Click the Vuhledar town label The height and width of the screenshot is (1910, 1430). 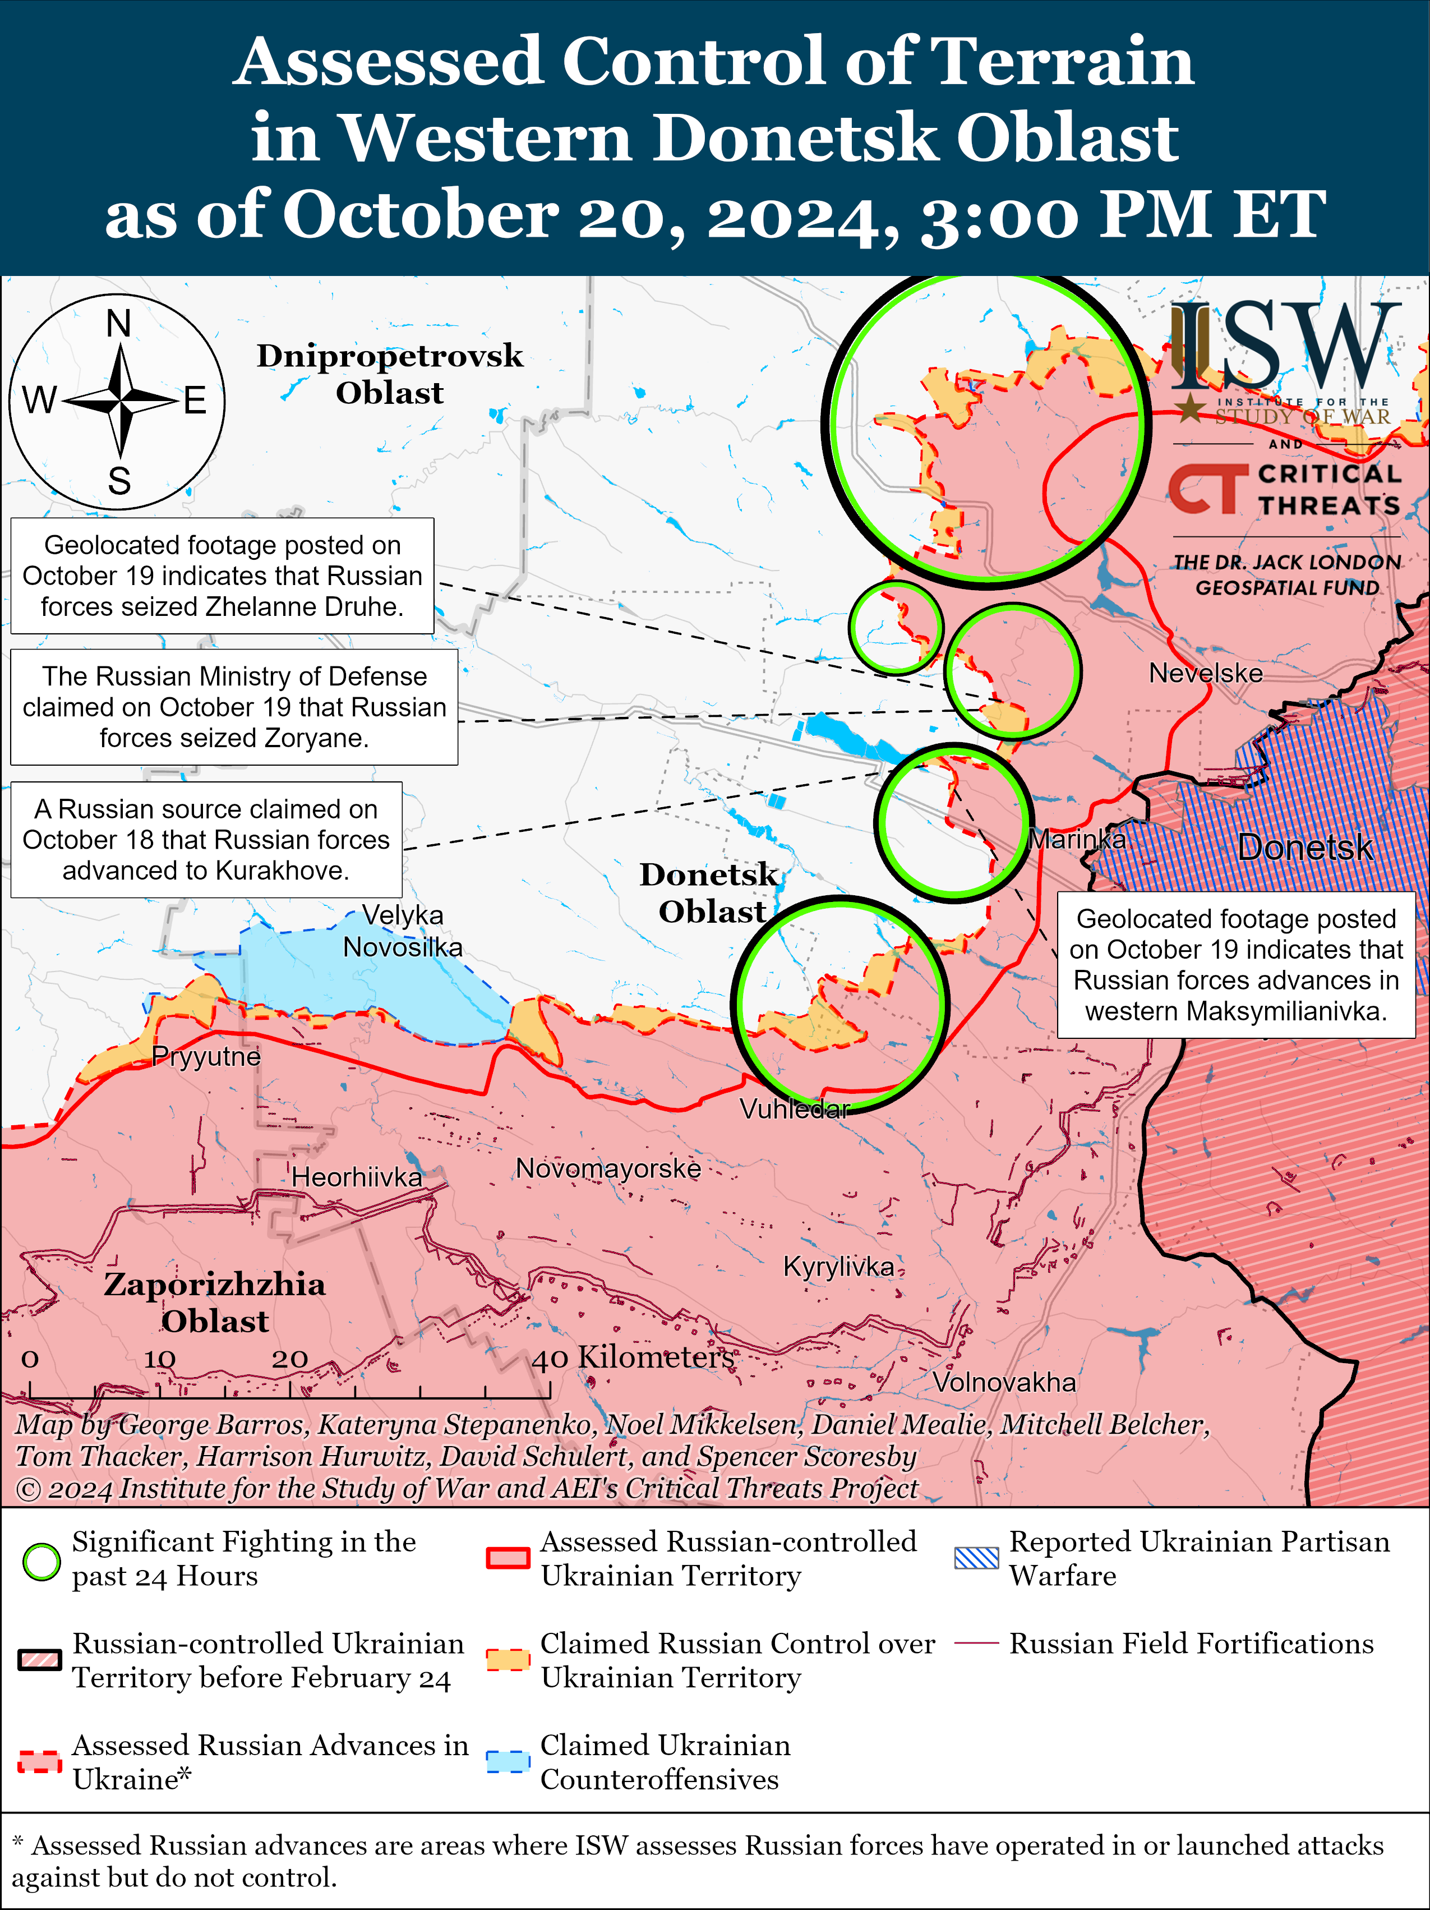(x=795, y=1109)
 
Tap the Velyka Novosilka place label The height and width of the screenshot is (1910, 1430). (x=402, y=931)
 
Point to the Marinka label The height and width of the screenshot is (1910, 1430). (x=1077, y=839)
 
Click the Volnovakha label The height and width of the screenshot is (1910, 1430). (x=1004, y=1382)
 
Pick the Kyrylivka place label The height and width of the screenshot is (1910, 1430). (x=838, y=1267)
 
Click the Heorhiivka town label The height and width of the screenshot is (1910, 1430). (x=357, y=1177)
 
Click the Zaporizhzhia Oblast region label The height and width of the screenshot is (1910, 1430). (x=215, y=1302)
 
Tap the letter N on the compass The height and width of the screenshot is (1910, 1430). (x=118, y=324)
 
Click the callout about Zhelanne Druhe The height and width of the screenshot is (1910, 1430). (x=222, y=576)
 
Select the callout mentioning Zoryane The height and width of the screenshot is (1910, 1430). (x=234, y=707)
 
